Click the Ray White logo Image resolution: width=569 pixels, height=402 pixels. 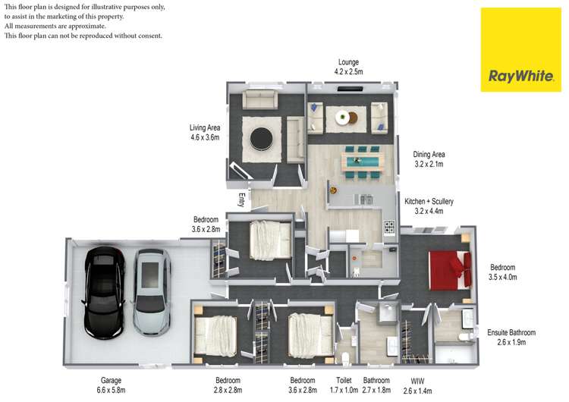point(520,50)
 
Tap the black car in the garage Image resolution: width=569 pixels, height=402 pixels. point(105,293)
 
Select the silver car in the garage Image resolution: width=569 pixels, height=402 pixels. point(152,292)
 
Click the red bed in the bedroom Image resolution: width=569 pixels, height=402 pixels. point(450,270)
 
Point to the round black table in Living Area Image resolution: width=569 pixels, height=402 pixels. point(261,138)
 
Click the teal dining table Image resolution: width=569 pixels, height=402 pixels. point(363,160)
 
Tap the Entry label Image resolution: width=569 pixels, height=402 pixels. point(242,200)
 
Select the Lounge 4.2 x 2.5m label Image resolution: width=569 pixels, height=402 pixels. point(348,67)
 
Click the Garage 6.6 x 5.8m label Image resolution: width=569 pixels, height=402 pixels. point(111,385)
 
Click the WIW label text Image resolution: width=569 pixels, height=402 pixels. point(417,382)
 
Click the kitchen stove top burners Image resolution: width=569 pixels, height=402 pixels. point(389,228)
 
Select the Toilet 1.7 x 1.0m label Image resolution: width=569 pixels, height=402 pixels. point(344,385)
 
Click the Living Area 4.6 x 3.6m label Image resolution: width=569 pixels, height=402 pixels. point(205,133)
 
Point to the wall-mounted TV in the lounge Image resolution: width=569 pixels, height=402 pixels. point(350,89)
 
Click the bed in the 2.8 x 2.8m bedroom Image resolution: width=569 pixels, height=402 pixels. point(215,335)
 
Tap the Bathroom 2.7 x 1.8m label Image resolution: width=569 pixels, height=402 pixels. point(376,385)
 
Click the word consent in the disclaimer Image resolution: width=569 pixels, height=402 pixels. point(150,36)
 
